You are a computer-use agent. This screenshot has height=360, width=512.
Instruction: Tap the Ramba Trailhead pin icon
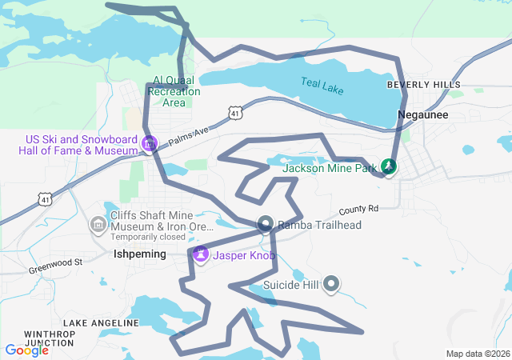tap(266, 225)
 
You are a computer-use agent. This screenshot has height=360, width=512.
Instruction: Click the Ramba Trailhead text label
tap(319, 226)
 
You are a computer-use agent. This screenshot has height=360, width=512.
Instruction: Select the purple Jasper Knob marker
tap(200, 255)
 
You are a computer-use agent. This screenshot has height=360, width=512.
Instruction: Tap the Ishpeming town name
tap(140, 254)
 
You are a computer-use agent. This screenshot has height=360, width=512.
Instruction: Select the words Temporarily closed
tap(147, 238)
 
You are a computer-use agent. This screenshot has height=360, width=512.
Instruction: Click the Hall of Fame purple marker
tap(149, 144)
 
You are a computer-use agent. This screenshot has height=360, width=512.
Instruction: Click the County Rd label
tap(358, 210)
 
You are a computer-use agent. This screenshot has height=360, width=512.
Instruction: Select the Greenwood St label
tap(56, 262)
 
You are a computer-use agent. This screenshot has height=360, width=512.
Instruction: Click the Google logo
tap(26, 350)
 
